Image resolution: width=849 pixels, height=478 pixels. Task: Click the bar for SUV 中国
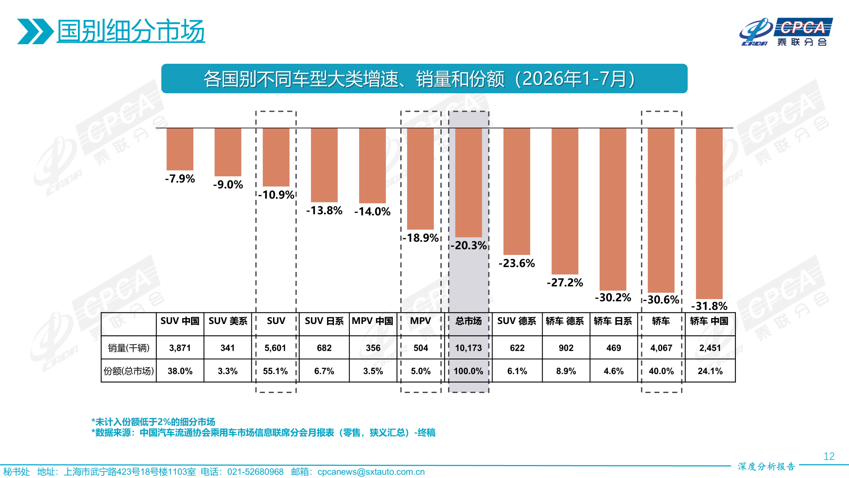pyautogui.click(x=180, y=149)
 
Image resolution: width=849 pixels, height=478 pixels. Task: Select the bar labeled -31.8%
pyautogui.click(x=709, y=213)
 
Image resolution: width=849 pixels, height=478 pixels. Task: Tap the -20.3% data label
pyautogui.click(x=469, y=245)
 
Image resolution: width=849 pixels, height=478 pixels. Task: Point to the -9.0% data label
pyautogui.click(x=228, y=184)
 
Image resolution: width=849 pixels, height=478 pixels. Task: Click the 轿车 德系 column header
pyautogui.click(x=565, y=321)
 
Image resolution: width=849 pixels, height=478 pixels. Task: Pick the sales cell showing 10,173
pyautogui.click(x=468, y=348)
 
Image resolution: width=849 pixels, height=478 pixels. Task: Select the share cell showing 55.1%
pyautogui.click(x=275, y=371)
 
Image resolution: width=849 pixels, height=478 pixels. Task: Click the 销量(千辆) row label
pyautogui.click(x=129, y=348)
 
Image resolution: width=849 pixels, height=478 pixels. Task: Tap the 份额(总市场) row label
pyautogui.click(x=129, y=371)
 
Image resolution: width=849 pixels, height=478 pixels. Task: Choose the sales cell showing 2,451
pyautogui.click(x=710, y=348)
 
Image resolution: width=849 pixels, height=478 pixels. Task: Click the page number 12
pyautogui.click(x=829, y=456)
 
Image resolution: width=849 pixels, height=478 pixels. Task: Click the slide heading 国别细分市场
pyautogui.click(x=131, y=31)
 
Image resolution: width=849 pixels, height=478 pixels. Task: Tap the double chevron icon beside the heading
pyautogui.click(x=35, y=31)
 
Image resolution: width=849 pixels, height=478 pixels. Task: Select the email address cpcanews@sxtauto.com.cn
pyautogui.click(x=371, y=472)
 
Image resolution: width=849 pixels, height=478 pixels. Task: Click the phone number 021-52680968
pyautogui.click(x=255, y=472)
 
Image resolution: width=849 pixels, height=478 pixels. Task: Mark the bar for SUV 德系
pyautogui.click(x=517, y=192)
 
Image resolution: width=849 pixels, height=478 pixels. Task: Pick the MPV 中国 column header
pyautogui.click(x=372, y=321)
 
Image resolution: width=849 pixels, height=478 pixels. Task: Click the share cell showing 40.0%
pyautogui.click(x=661, y=371)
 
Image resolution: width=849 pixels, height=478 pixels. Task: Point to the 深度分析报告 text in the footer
pyautogui.click(x=766, y=466)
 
